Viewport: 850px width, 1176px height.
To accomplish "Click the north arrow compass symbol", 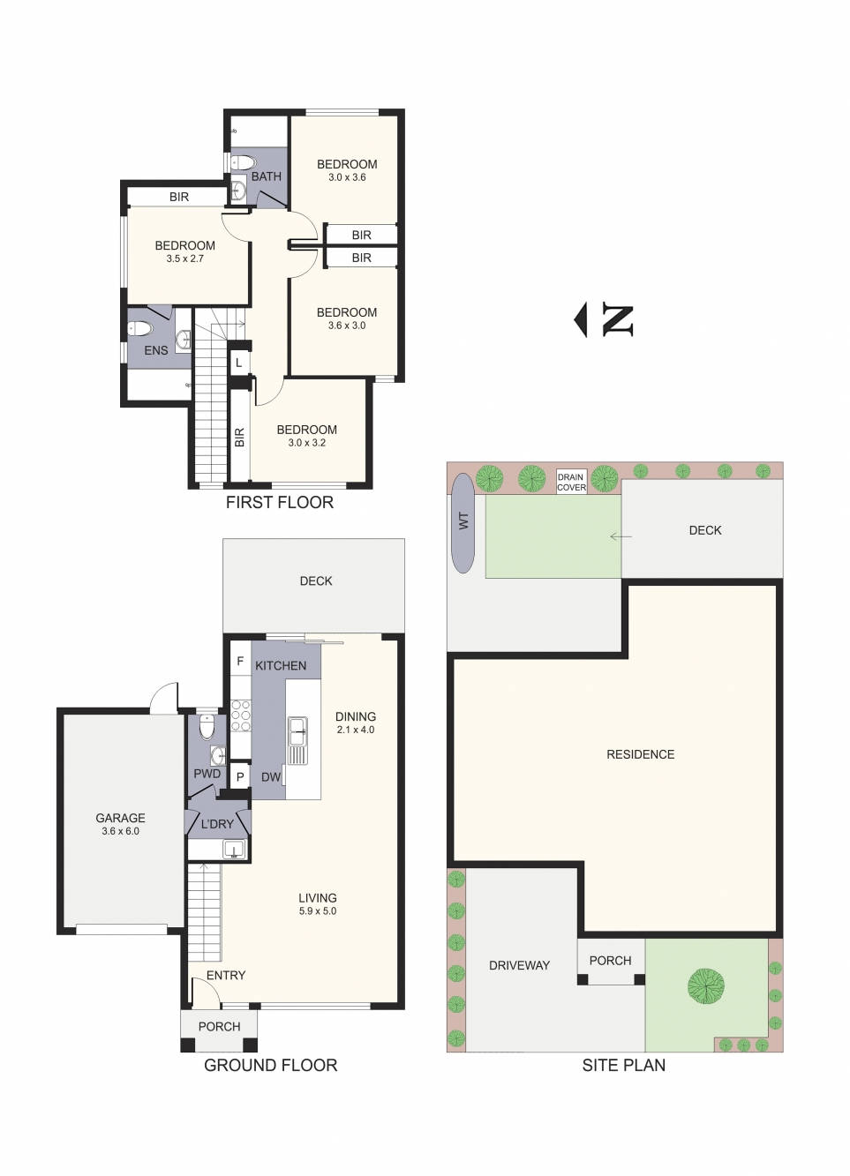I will [605, 320].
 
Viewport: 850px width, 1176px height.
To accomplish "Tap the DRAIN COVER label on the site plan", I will [571, 482].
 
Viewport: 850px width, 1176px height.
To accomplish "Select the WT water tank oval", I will [463, 522].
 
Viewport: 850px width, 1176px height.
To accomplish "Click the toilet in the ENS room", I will [140, 329].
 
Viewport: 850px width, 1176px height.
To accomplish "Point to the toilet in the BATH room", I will [242, 162].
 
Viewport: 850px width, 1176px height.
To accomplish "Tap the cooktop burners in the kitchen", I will [240, 715].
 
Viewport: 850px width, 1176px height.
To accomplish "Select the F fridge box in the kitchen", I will [239, 662].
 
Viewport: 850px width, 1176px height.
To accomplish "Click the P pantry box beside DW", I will [239, 777].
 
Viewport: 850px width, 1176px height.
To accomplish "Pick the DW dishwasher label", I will [271, 777].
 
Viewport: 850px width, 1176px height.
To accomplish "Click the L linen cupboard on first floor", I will [238, 363].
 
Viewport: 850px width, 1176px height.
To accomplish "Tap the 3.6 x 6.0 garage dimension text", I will [120, 831].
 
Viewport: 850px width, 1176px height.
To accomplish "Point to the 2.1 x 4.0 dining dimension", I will [356, 730].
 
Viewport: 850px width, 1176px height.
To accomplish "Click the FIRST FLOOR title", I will [280, 502].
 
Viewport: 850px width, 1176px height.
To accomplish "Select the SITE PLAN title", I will [623, 1065].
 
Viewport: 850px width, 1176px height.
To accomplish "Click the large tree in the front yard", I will [706, 986].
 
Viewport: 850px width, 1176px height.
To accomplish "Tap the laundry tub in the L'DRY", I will [233, 850].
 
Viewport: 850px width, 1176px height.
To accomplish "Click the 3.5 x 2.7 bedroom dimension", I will [184, 258].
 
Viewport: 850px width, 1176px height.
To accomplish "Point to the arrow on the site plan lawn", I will [621, 536].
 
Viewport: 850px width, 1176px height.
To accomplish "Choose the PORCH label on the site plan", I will [610, 960].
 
